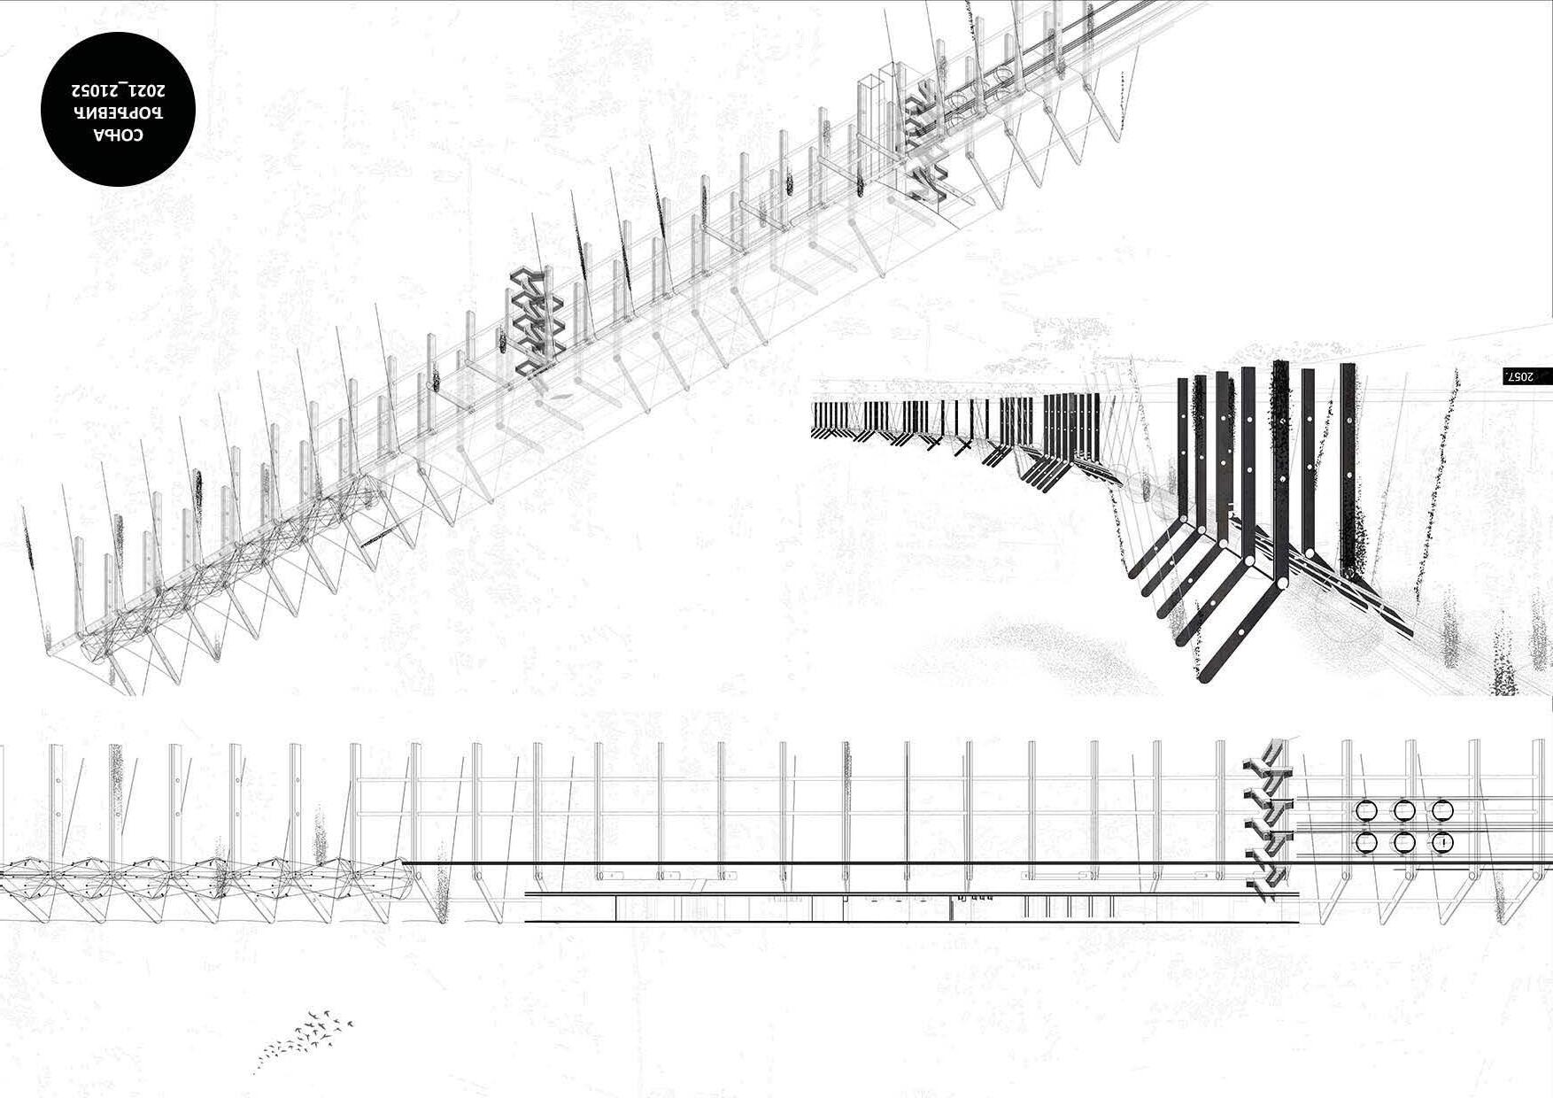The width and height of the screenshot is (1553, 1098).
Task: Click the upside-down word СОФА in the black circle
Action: tap(118, 135)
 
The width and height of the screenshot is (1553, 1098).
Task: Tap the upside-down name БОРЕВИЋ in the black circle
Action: tap(118, 112)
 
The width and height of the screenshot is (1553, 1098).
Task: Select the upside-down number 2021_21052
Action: tap(118, 90)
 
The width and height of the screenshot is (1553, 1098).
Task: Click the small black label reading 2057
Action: tap(1527, 376)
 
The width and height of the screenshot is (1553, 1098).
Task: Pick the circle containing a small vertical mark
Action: tap(1443, 842)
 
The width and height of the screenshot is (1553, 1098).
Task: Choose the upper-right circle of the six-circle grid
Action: tap(1443, 810)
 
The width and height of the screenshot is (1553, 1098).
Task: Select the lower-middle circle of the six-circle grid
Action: tap(1404, 842)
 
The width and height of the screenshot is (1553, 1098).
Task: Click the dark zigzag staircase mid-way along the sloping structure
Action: tap(536, 322)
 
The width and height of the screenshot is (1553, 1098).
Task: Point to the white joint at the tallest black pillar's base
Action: tap(1279, 584)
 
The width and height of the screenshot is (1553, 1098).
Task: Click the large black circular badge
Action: tap(118, 109)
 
